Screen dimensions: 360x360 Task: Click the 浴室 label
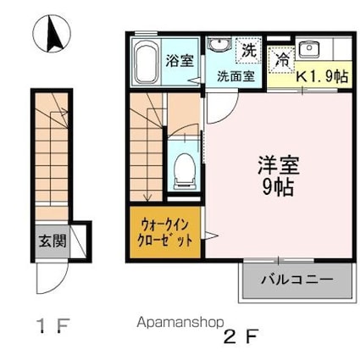click(x=178, y=61)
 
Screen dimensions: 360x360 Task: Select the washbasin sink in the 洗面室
click(x=219, y=47)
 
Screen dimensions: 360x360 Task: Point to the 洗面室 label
click(x=236, y=74)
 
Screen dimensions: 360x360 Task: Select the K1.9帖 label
click(x=322, y=75)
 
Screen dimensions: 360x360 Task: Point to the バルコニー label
click(x=296, y=279)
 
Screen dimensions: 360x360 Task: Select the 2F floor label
click(x=241, y=335)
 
